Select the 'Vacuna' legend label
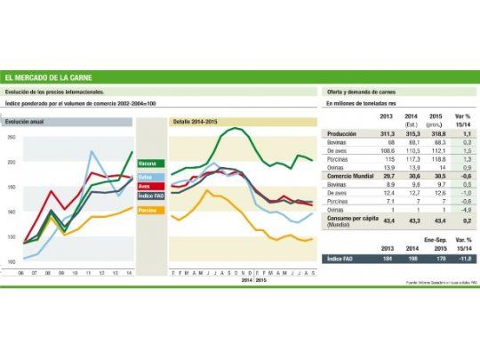coord(148,164)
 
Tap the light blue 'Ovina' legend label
coord(148,177)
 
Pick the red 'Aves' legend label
coord(148,186)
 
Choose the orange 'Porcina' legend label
coord(149,210)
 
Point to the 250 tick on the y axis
coord(12,137)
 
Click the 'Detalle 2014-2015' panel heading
coord(193,119)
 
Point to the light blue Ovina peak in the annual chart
coord(91,151)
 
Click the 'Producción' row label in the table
coord(341,132)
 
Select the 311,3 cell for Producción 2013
coord(387,132)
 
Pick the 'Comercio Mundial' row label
coord(348,177)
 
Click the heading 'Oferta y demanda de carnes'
coord(358,92)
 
